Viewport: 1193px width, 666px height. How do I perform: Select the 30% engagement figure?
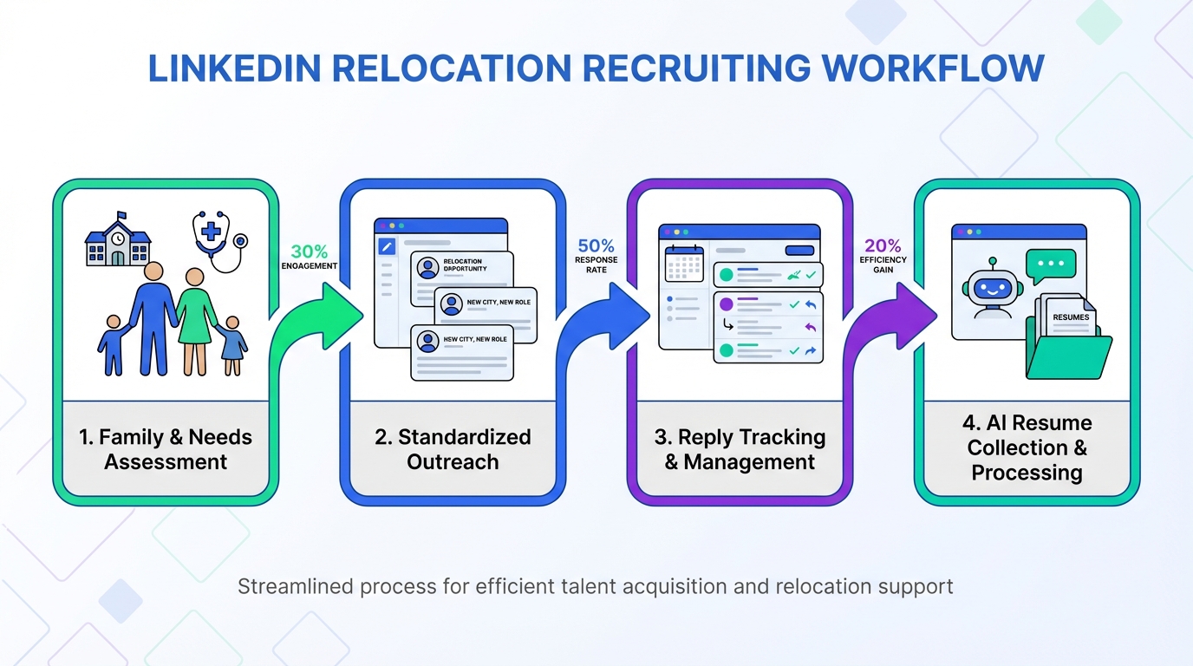tap(309, 252)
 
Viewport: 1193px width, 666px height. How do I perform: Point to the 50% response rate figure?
tap(596, 246)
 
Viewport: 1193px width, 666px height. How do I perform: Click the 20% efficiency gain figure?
tap(883, 246)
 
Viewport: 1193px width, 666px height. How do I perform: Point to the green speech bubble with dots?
tap(1050, 264)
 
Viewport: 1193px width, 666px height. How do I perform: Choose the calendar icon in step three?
tap(684, 264)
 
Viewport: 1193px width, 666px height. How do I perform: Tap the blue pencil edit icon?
tap(387, 246)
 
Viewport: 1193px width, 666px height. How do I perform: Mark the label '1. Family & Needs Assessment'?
tap(166, 449)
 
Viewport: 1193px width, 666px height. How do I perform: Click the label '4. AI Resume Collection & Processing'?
tap(1027, 447)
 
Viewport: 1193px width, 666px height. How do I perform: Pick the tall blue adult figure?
tap(153, 317)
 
